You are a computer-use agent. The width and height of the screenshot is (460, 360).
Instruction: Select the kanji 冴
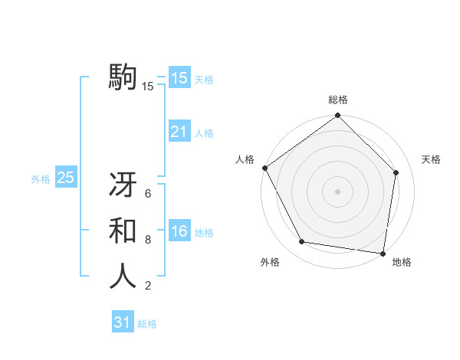click(x=123, y=187)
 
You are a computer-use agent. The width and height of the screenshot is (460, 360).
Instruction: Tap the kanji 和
click(x=123, y=232)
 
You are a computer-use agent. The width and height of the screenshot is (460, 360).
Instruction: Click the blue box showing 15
click(x=179, y=77)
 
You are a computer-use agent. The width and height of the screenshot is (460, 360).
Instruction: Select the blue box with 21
click(x=179, y=132)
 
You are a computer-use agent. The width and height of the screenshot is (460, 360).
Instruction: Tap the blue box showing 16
click(x=179, y=231)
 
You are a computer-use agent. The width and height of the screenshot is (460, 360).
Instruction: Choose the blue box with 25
click(x=65, y=178)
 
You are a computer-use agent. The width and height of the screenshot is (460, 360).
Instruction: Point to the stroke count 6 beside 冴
click(x=148, y=195)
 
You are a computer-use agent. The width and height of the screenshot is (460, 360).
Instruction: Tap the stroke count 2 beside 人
click(x=148, y=286)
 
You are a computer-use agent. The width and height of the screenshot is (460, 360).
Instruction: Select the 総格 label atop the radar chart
click(x=338, y=100)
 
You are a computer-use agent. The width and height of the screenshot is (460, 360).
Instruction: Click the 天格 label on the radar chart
click(x=431, y=159)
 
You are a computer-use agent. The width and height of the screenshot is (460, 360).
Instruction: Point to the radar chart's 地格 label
click(x=402, y=263)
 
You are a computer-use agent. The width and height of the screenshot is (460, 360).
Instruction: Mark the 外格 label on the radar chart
click(x=270, y=263)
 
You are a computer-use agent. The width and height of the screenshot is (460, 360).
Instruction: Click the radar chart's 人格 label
click(x=245, y=159)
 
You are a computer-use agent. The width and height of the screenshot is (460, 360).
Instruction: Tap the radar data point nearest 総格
click(x=338, y=116)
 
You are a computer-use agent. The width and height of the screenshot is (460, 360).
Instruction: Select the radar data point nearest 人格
click(x=265, y=168)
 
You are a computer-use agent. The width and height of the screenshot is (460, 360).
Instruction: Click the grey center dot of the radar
click(x=338, y=191)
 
